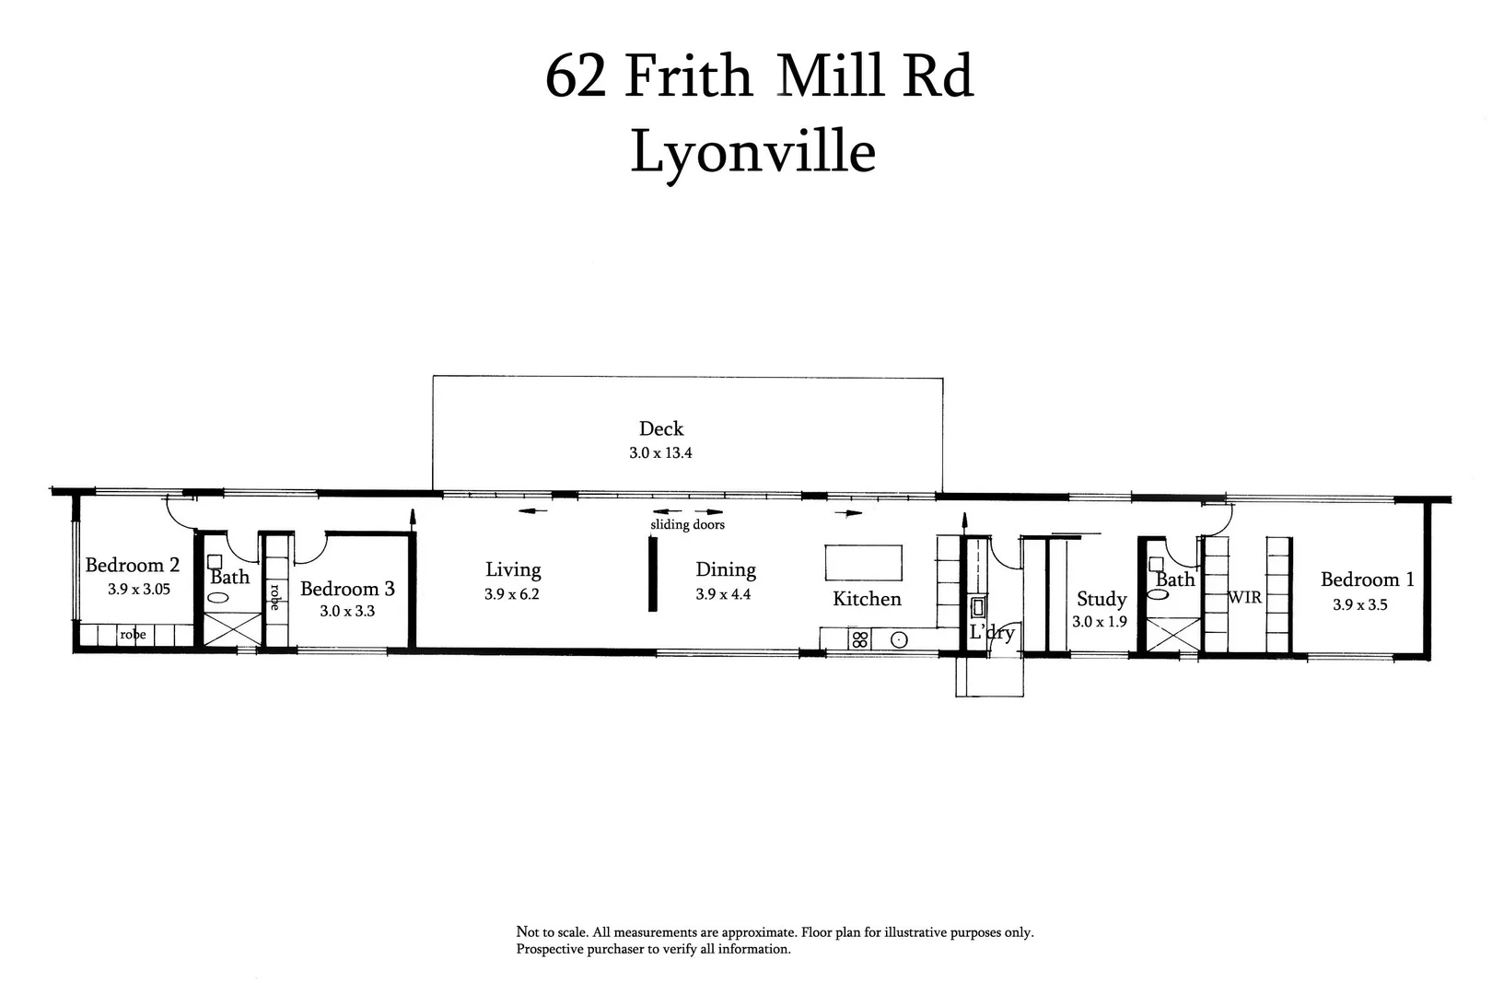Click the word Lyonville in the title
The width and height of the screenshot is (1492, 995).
[752, 152]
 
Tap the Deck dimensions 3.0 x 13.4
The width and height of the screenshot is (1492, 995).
[660, 453]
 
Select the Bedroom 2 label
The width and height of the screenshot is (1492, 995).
[133, 565]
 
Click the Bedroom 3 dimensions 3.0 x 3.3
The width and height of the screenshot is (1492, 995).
[347, 611]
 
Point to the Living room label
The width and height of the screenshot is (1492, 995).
[513, 570]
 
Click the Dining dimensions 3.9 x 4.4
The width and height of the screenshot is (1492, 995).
[723, 594]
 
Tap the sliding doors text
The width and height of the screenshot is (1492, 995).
[687, 525]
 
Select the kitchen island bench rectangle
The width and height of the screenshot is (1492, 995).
[863, 562]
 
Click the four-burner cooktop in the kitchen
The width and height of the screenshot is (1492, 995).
[859, 639]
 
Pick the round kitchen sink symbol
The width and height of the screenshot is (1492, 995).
[900, 639]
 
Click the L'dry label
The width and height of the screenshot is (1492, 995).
[992, 633]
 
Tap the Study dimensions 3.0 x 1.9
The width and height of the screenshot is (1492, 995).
[1100, 622]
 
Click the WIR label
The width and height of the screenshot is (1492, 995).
[1244, 597]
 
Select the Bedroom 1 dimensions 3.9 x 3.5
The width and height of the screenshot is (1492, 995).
[1359, 605]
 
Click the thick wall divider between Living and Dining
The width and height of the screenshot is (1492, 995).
[653, 573]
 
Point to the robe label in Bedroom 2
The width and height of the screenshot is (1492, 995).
[133, 635]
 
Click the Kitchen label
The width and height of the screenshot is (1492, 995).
[867, 599]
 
